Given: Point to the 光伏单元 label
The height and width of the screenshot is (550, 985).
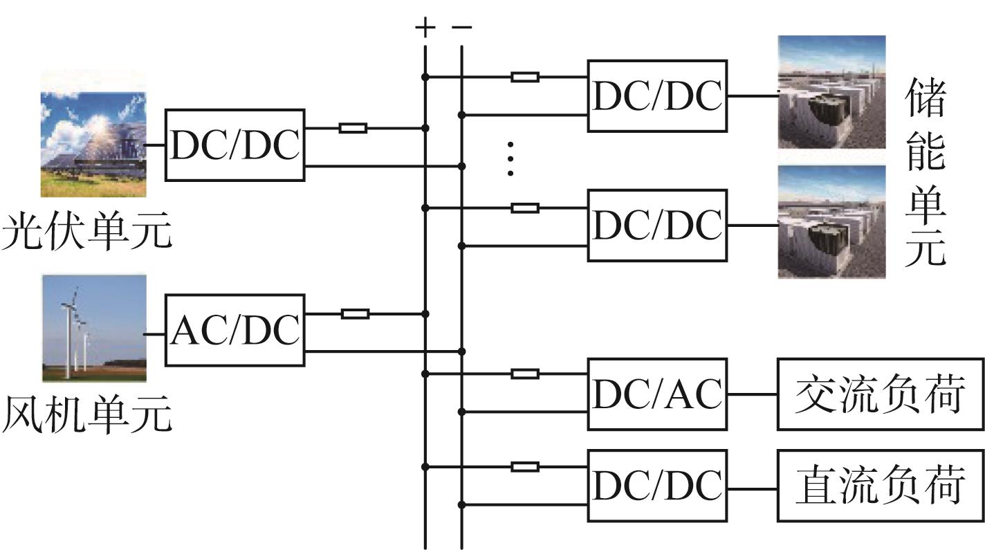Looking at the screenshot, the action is tap(86, 231).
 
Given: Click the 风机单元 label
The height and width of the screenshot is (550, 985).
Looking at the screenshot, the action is tap(86, 414).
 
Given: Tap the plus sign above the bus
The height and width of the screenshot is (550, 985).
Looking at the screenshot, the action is tap(425, 28).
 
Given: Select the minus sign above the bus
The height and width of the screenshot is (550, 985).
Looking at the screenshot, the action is tap(462, 27).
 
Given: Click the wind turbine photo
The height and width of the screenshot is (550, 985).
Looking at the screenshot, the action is tap(94, 328).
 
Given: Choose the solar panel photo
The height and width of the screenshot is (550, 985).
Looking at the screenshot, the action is tap(93, 144).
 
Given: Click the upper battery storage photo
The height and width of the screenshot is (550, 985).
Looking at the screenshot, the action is tap(831, 92).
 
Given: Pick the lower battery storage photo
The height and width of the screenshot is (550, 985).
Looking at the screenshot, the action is tap(831, 222).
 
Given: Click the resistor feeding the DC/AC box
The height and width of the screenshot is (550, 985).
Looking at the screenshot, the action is tap(525, 374).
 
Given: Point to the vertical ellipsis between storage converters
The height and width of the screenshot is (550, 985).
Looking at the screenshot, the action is tap(510, 158).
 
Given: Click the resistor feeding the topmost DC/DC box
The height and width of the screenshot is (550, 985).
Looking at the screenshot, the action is tap(525, 77).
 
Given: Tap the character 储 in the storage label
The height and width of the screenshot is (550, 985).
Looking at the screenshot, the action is tap(926, 97).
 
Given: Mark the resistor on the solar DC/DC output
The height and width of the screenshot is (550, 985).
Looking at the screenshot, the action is tap(353, 129).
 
